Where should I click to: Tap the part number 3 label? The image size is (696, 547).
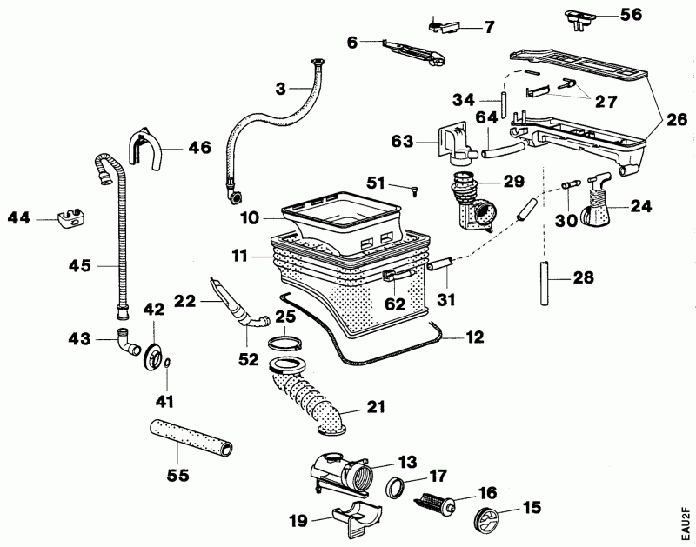point(280,89)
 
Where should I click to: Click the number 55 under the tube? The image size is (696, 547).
point(177,477)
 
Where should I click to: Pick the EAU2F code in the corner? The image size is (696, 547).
point(686,520)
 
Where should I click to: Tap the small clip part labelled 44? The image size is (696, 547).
point(70,218)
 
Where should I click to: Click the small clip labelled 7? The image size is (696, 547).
point(445,25)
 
